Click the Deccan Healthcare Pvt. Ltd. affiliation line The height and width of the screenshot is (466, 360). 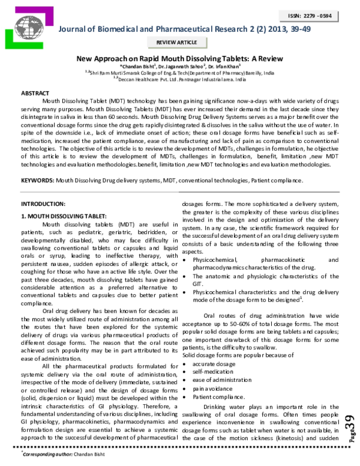182,79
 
